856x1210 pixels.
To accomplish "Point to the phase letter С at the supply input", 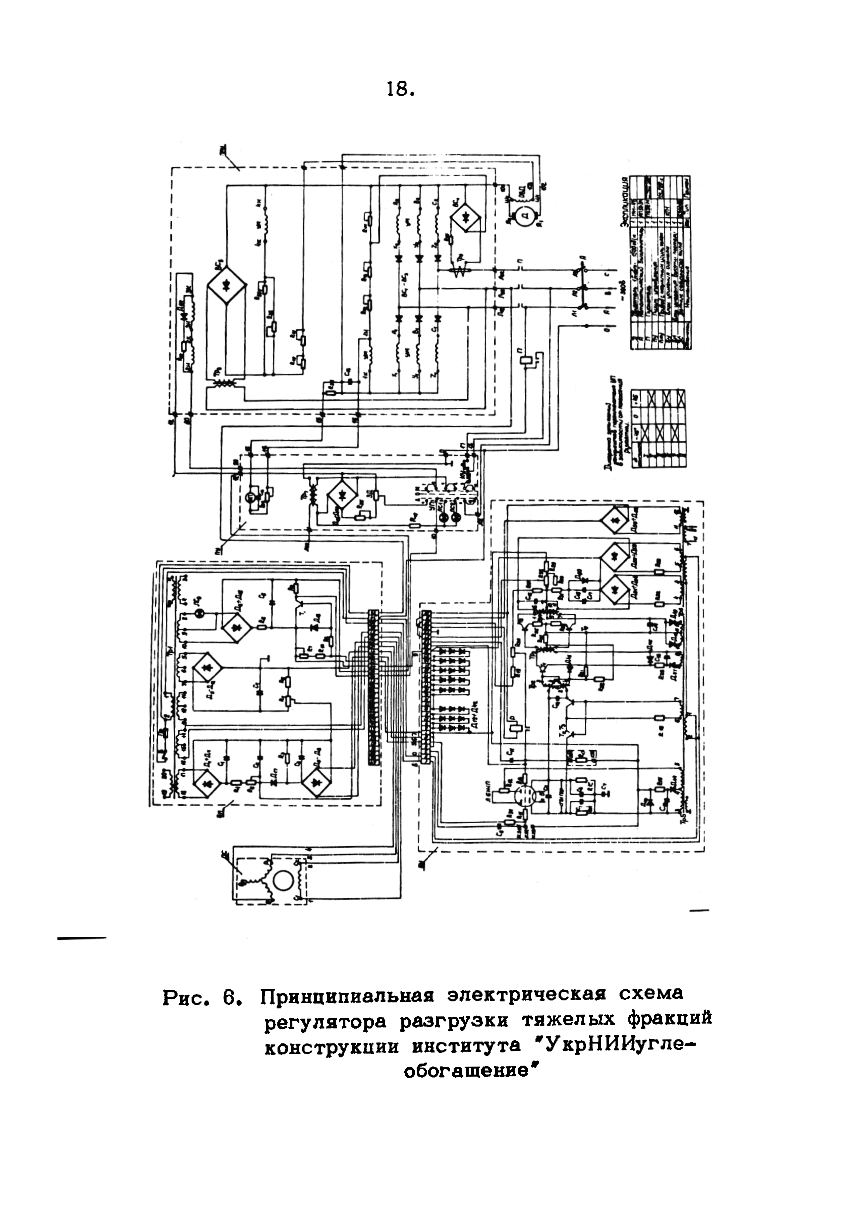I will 609,274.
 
